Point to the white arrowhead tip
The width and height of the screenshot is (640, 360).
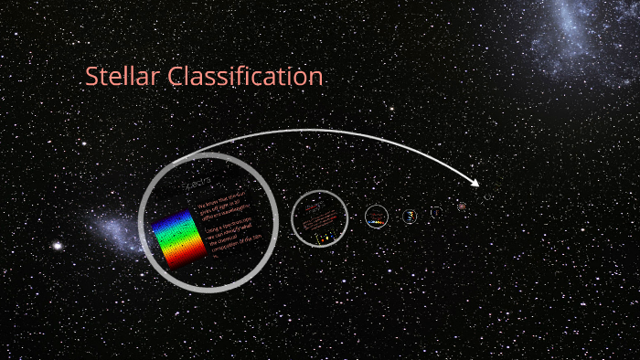click(x=479, y=186)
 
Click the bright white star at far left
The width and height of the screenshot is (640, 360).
click(x=57, y=246)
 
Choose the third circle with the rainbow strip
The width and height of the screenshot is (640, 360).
click(x=377, y=217)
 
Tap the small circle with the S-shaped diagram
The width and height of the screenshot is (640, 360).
click(x=411, y=217)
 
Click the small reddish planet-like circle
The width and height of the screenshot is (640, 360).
click(x=462, y=207)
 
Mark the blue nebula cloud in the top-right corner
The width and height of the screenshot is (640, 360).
click(x=585, y=37)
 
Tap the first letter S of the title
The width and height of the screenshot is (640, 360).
click(x=91, y=78)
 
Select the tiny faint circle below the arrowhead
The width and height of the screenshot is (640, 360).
click(x=488, y=196)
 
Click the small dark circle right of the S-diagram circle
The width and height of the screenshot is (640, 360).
click(x=436, y=213)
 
